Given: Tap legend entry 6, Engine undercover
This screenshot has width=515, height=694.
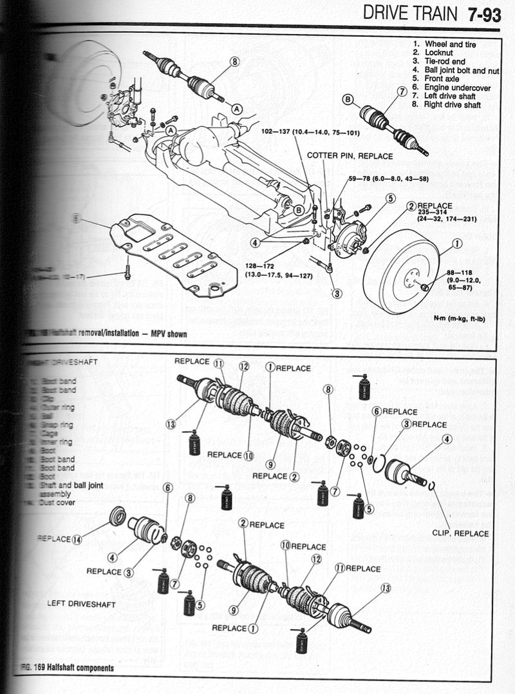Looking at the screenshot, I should tap(451, 86).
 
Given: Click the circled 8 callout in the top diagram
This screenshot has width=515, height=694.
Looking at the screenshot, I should tap(234, 62).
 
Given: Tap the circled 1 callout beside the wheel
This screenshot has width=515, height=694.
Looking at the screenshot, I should tap(456, 243).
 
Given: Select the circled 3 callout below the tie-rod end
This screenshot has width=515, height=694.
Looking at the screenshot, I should tap(337, 293).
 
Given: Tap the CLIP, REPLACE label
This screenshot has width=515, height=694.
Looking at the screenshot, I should tap(460, 533).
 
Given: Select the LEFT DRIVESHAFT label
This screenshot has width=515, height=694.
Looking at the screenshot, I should tap(81, 604).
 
